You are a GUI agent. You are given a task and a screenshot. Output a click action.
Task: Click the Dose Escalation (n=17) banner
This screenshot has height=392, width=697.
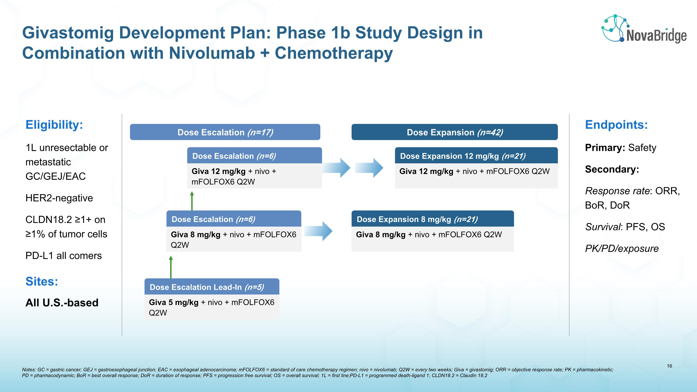pyautogui.click(x=225, y=132)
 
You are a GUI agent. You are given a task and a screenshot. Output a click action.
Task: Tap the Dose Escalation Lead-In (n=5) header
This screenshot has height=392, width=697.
pyautogui.click(x=212, y=287)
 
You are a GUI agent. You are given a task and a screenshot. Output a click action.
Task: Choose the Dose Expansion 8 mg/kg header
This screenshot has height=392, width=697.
pyautogui.click(x=432, y=219)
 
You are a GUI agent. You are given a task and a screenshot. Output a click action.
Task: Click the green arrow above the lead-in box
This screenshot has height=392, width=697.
pyautogui.click(x=171, y=267)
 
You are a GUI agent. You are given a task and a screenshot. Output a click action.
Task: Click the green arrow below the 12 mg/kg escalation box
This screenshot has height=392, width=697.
pyautogui.click(x=192, y=201)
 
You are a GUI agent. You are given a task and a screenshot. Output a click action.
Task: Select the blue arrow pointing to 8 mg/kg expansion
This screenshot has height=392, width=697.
pyautogui.click(x=319, y=231)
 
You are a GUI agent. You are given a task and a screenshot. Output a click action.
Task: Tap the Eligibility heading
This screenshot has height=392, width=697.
pyautogui.click(x=54, y=125)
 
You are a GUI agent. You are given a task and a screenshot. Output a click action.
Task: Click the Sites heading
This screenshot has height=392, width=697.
pyautogui.click(x=42, y=281)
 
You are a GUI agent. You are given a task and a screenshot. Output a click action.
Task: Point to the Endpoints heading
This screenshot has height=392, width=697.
pyautogui.click(x=616, y=125)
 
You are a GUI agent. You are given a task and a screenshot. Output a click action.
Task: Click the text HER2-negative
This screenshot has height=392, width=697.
pyautogui.click(x=59, y=198)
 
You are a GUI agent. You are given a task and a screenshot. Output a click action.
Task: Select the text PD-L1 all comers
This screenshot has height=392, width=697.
pyautogui.click(x=63, y=256)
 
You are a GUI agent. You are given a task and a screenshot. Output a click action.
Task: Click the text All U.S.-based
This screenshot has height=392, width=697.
pyautogui.click(x=62, y=303)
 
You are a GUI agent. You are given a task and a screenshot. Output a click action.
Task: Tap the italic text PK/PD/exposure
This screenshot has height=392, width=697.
pyautogui.click(x=621, y=249)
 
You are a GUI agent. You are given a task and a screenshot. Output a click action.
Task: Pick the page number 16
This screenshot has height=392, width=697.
pyautogui.click(x=669, y=366)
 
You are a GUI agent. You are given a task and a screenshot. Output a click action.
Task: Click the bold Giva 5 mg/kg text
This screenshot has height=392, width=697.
pyautogui.click(x=174, y=302)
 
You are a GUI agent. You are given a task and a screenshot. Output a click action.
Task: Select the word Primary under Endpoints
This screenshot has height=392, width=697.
pyautogui.click(x=605, y=148)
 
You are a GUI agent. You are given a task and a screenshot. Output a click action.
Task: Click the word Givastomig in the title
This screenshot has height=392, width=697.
pyautogui.click(x=68, y=33)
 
